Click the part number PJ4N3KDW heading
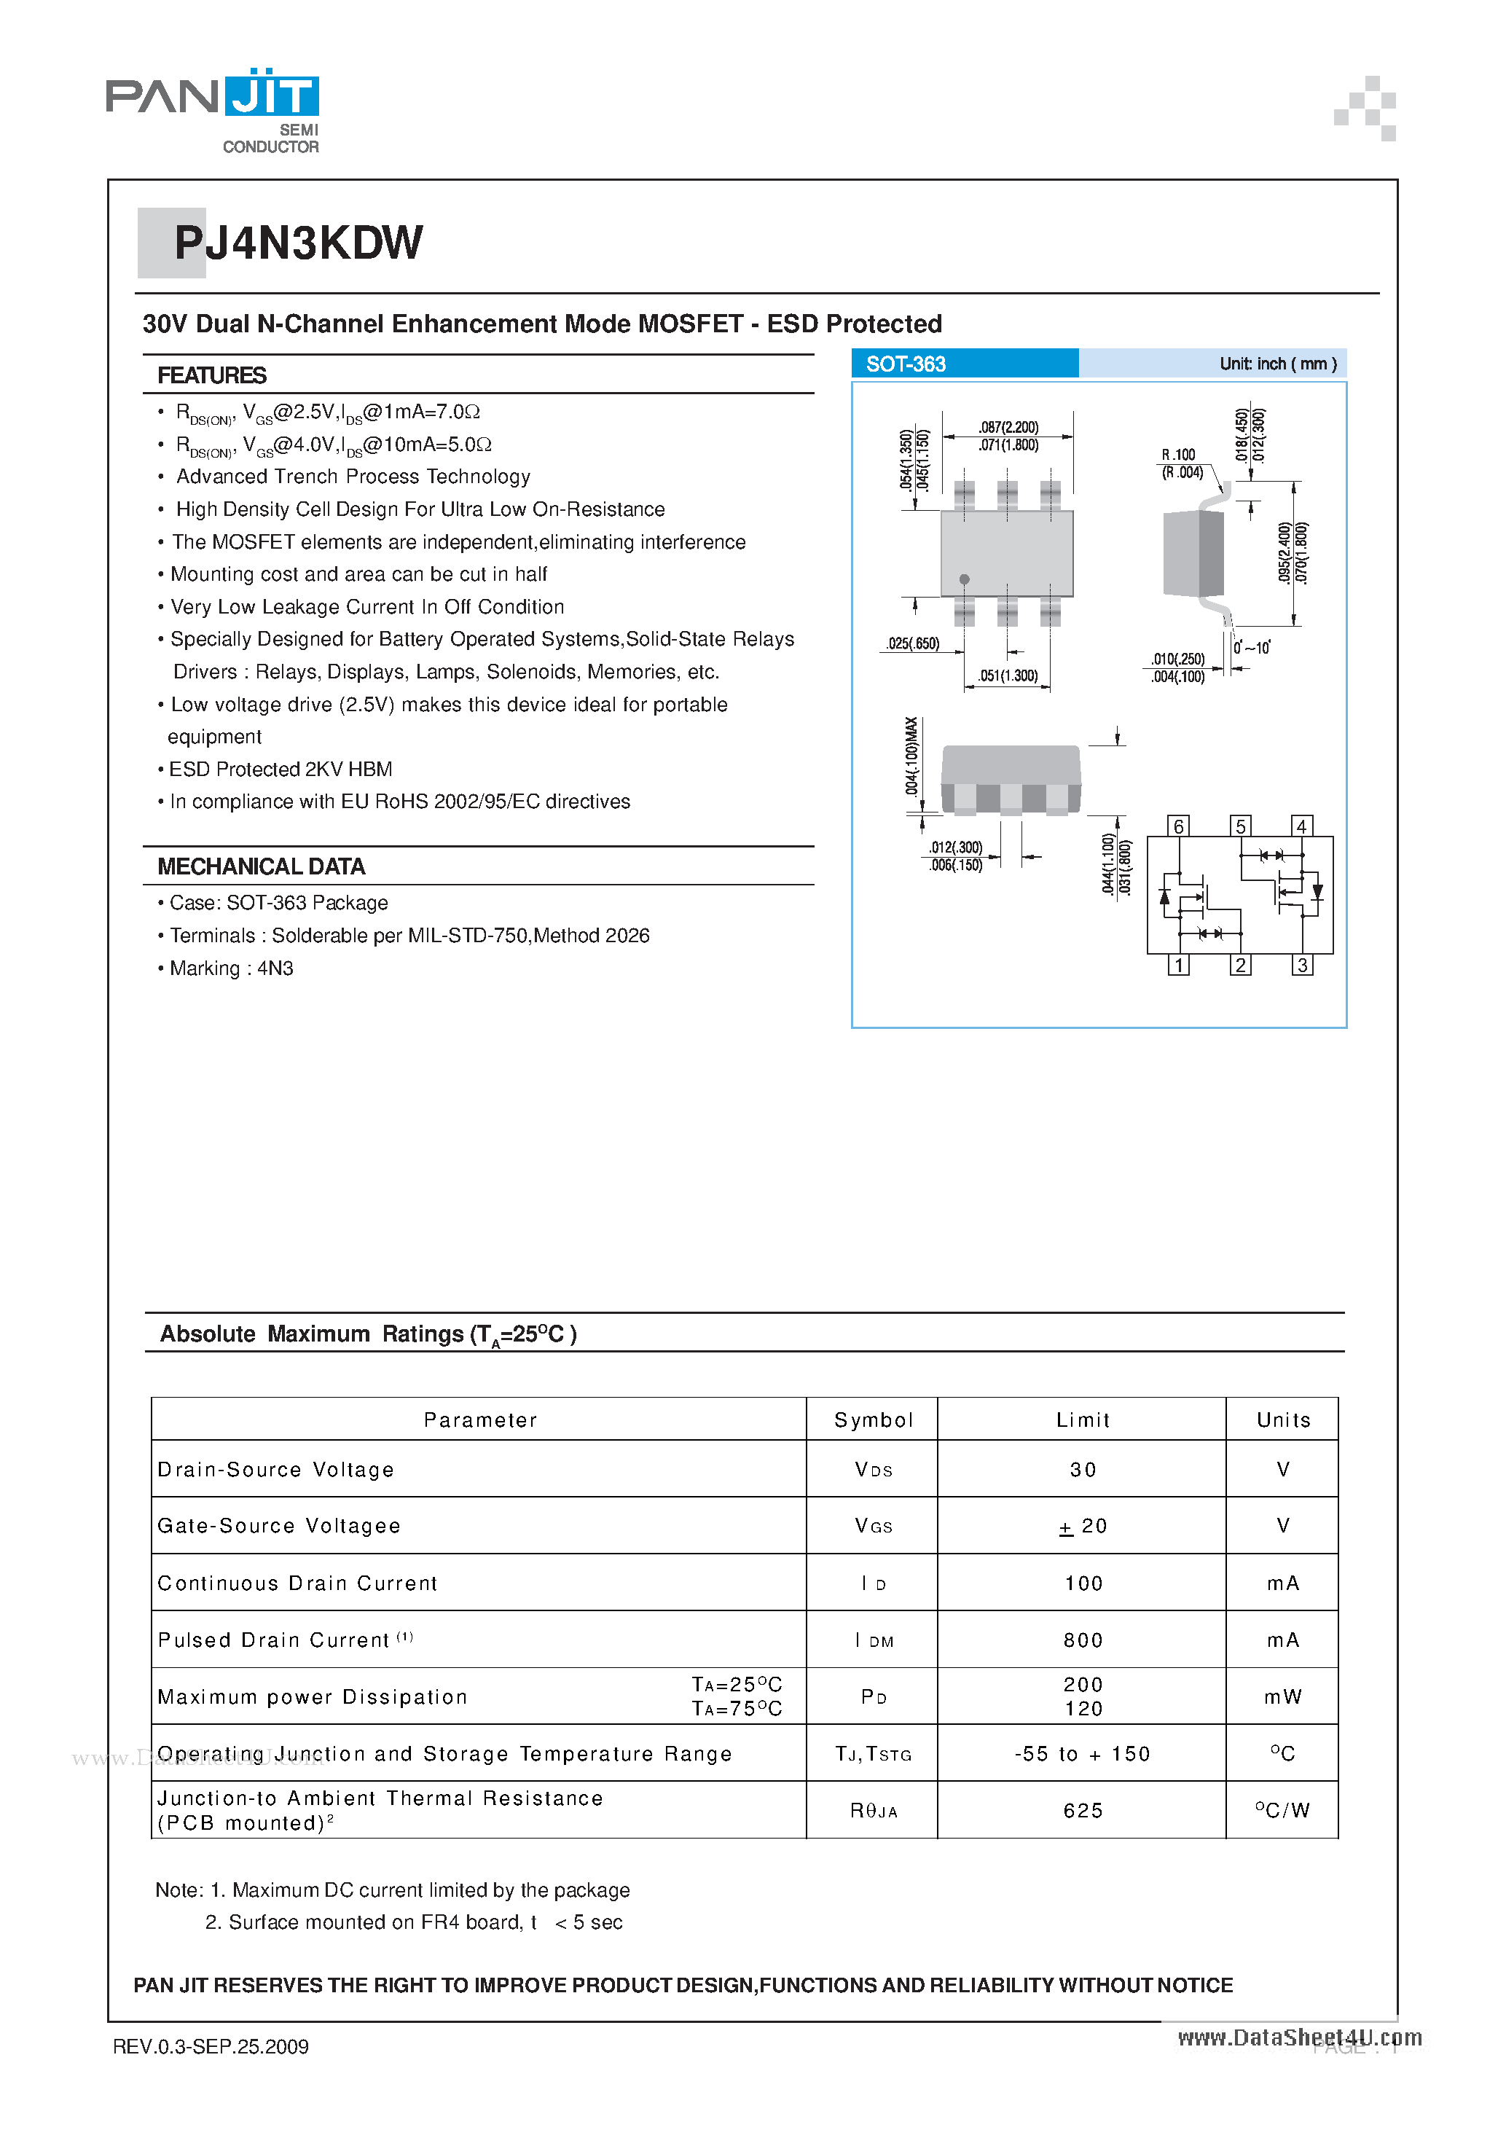(x=298, y=243)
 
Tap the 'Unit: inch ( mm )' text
(x=1277, y=364)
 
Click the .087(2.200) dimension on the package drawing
(x=1008, y=427)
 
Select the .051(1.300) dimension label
(x=1008, y=676)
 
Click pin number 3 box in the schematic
(x=1302, y=965)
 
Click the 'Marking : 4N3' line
(x=231, y=968)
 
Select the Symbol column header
(x=873, y=1420)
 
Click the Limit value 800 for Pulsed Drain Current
(x=1082, y=1640)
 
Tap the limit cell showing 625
(x=1082, y=1810)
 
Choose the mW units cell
(x=1282, y=1696)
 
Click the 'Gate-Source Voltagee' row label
(x=279, y=1526)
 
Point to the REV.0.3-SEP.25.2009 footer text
(x=211, y=2045)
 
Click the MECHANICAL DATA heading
(x=261, y=866)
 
